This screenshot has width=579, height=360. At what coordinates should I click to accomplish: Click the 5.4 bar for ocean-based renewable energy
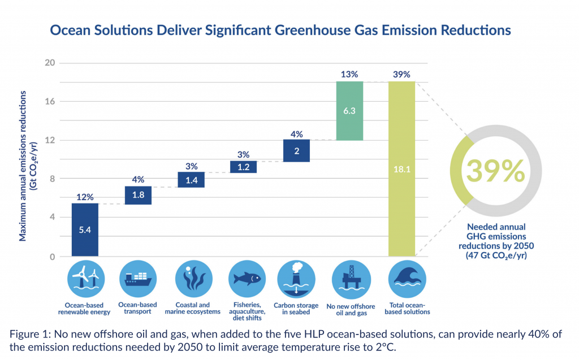pos(85,229)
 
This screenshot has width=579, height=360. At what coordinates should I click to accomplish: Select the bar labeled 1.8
pos(137,195)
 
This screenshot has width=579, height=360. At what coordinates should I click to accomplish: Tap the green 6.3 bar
pos(349,111)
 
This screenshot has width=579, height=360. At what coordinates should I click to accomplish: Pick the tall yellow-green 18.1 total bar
pos(402,168)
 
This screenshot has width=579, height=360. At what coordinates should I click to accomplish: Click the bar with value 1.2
pos(243,167)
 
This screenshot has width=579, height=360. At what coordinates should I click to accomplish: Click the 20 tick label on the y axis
pos(49,63)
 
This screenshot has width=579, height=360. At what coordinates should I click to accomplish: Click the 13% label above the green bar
pos(349,74)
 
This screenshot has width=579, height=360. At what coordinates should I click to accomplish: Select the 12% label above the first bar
pos(85,196)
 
